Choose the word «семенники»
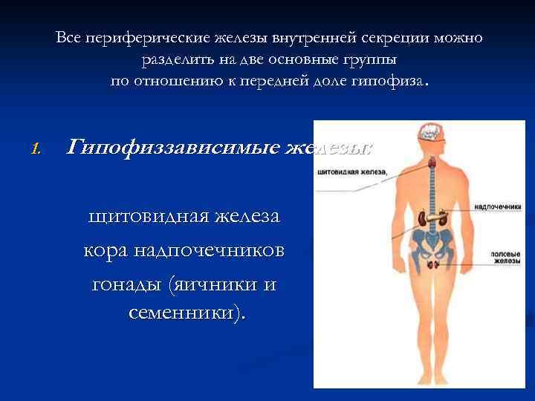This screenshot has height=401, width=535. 181,313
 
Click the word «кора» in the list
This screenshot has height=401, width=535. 106,250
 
